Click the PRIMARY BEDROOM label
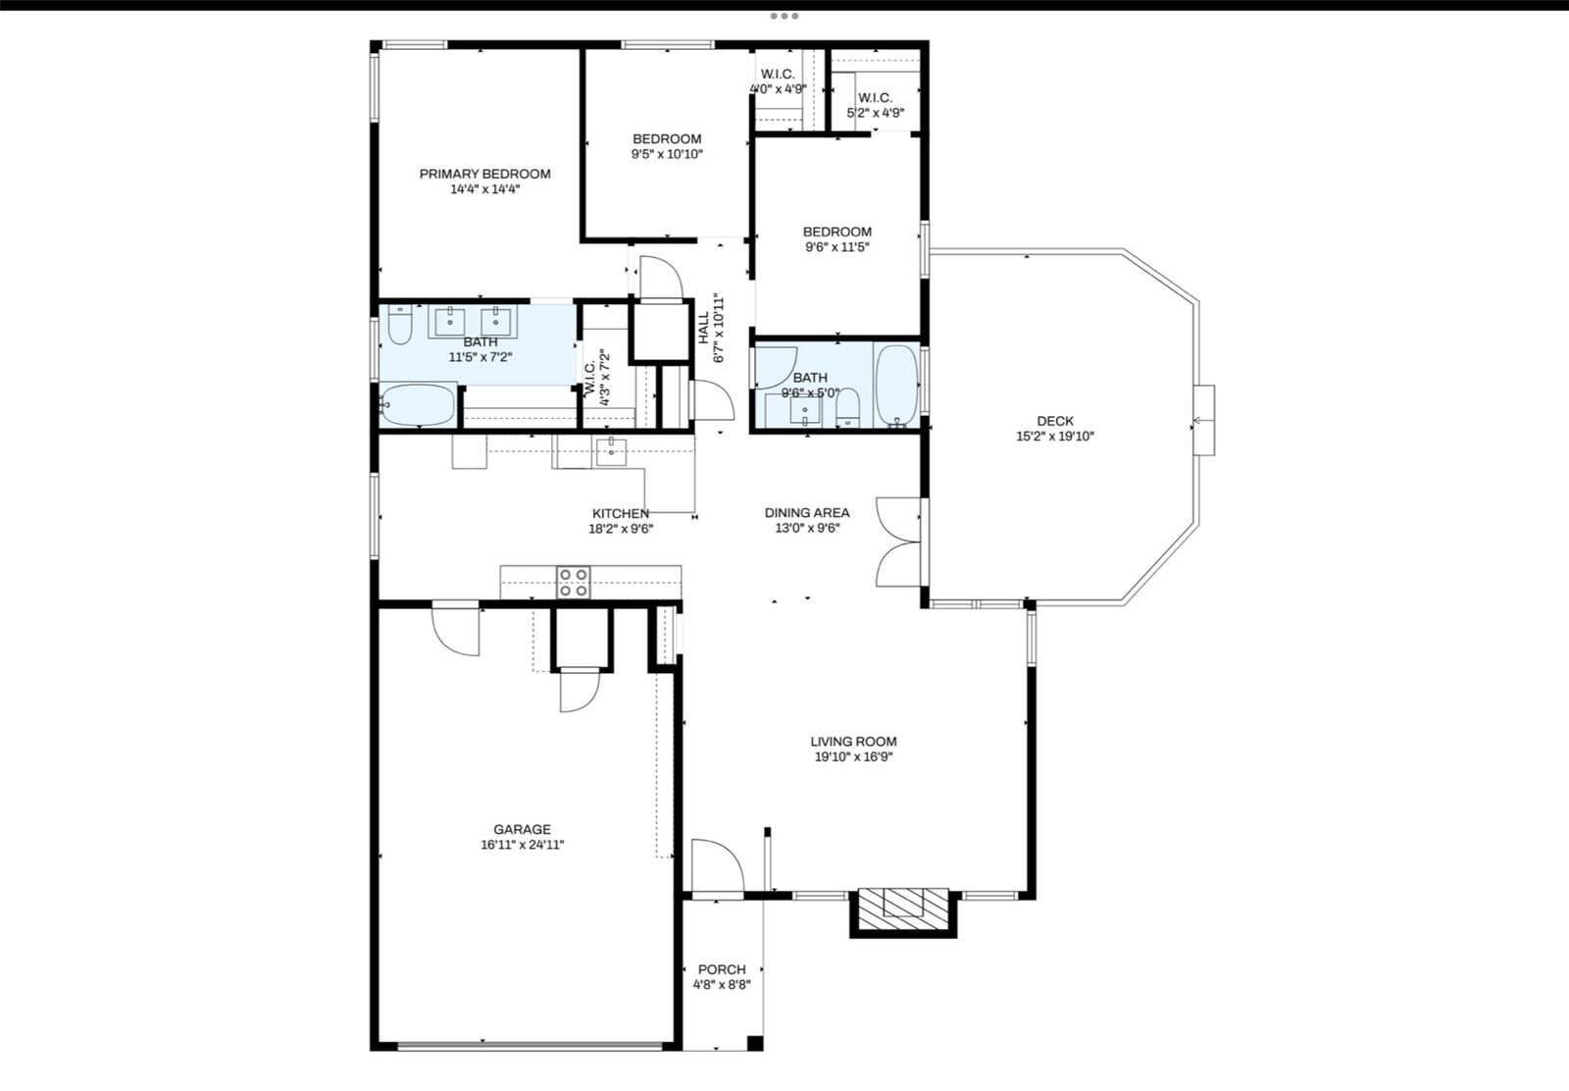pos(484,174)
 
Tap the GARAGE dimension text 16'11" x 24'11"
pos(522,845)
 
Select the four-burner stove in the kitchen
pos(574,583)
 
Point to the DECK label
pos(1054,421)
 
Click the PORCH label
pos(722,969)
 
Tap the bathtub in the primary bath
pos(418,405)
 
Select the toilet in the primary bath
pos(399,327)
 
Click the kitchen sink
pos(611,451)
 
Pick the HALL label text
pos(704,330)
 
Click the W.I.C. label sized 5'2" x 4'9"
pos(875,97)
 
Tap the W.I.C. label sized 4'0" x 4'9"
pos(778,75)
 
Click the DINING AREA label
pos(807,512)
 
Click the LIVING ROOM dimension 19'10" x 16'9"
pos(853,757)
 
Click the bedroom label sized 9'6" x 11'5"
pos(836,232)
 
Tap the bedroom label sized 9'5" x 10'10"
pos(667,138)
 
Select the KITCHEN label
pos(620,513)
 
